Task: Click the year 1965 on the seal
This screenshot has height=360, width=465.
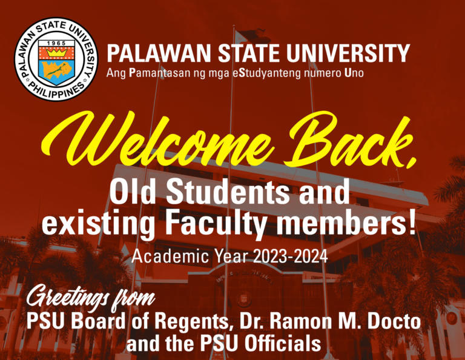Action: pyautogui.click(x=56, y=43)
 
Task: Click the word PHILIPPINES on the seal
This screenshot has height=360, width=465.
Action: pyautogui.click(x=58, y=90)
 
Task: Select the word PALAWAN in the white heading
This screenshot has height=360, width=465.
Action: pyautogui.click(x=159, y=53)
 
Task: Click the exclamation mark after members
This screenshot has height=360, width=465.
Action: pyautogui.click(x=412, y=222)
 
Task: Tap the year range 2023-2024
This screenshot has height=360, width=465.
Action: pyautogui.click(x=291, y=256)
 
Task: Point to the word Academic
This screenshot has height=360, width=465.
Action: pyautogui.click(x=170, y=256)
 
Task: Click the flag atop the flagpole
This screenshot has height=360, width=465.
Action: pyautogui.click(x=251, y=36)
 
